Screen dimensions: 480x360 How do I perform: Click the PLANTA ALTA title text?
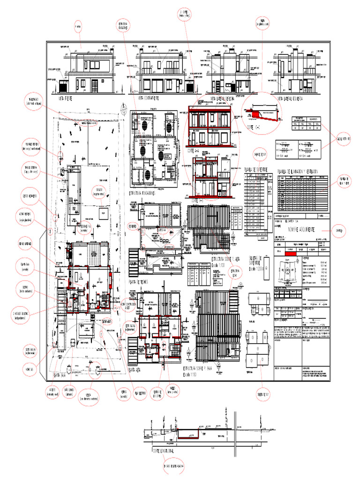[135, 370]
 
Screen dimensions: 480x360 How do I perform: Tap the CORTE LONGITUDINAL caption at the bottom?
[162, 450]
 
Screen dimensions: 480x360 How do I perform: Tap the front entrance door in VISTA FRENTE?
[95, 86]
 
